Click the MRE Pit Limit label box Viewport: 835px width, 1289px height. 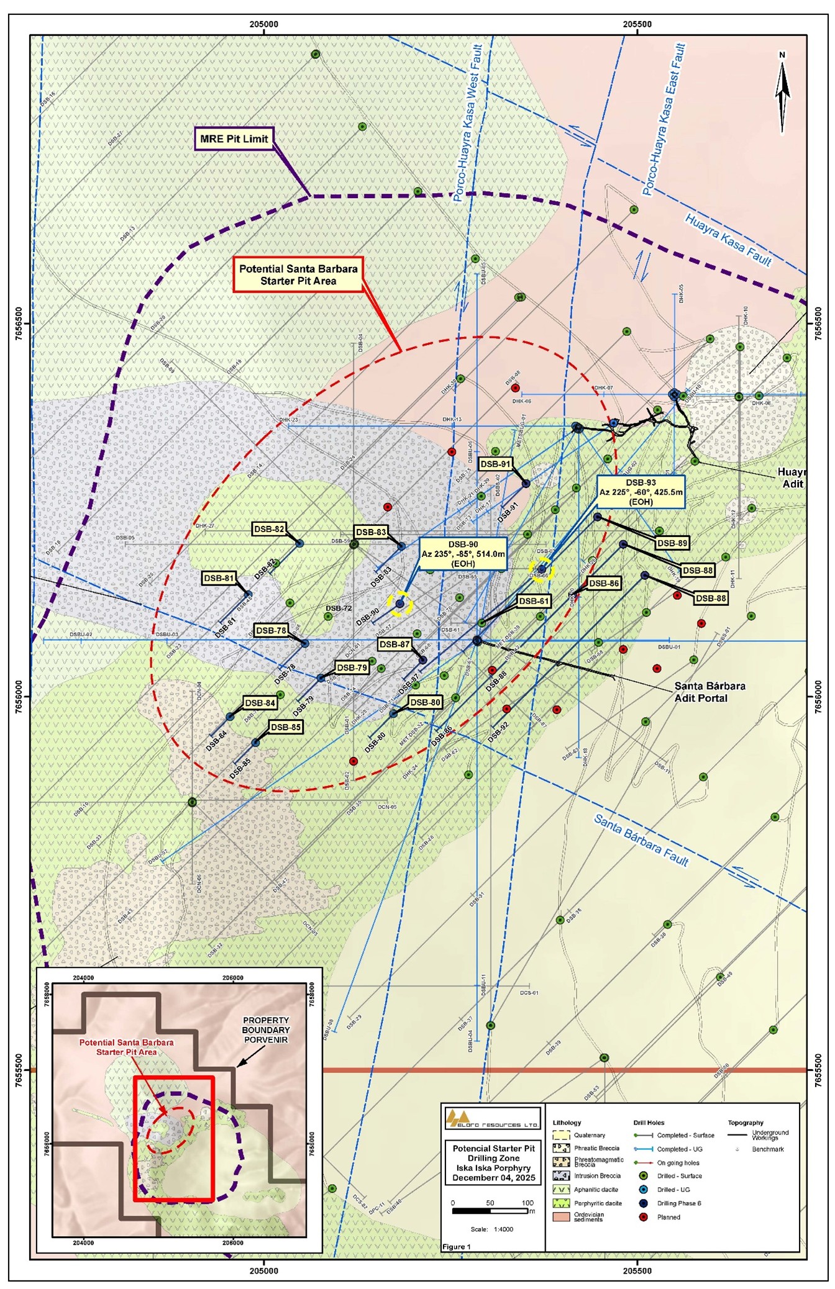tap(234, 138)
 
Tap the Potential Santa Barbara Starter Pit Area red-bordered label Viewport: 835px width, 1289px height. tap(298, 274)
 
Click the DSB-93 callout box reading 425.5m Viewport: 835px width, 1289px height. tap(641, 492)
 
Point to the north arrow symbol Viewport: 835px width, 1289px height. tap(782, 93)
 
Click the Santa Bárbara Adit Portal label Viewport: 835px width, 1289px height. tap(710, 692)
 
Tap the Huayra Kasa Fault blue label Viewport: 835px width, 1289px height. tap(728, 240)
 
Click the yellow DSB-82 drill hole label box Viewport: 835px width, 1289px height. tap(269, 529)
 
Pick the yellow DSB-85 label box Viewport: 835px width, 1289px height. tap(286, 726)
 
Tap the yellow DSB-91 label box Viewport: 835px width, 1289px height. tap(495, 464)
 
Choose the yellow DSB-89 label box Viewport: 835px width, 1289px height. tap(672, 543)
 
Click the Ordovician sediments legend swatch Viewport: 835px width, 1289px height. tap(561, 1216)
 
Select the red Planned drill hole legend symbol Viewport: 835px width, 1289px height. tap(644, 1217)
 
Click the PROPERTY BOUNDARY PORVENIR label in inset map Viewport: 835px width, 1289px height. tap(266, 1029)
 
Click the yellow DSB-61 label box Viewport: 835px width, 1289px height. tap(534, 601)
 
